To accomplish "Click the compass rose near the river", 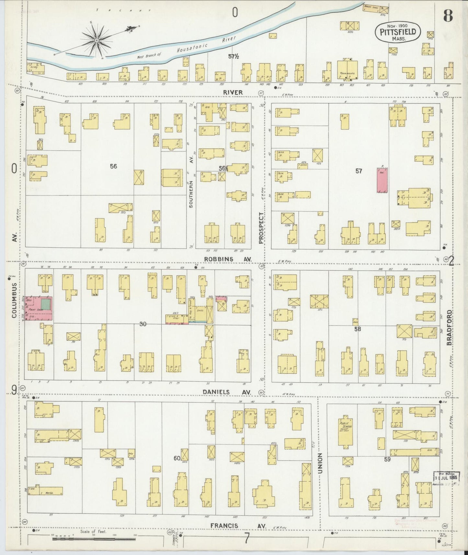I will [97, 40].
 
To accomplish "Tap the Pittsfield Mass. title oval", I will [398, 32].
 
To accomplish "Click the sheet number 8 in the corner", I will [448, 15].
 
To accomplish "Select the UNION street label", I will [320, 463].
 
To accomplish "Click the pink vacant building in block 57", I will [382, 180].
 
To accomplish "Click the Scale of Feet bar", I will [94, 539].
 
